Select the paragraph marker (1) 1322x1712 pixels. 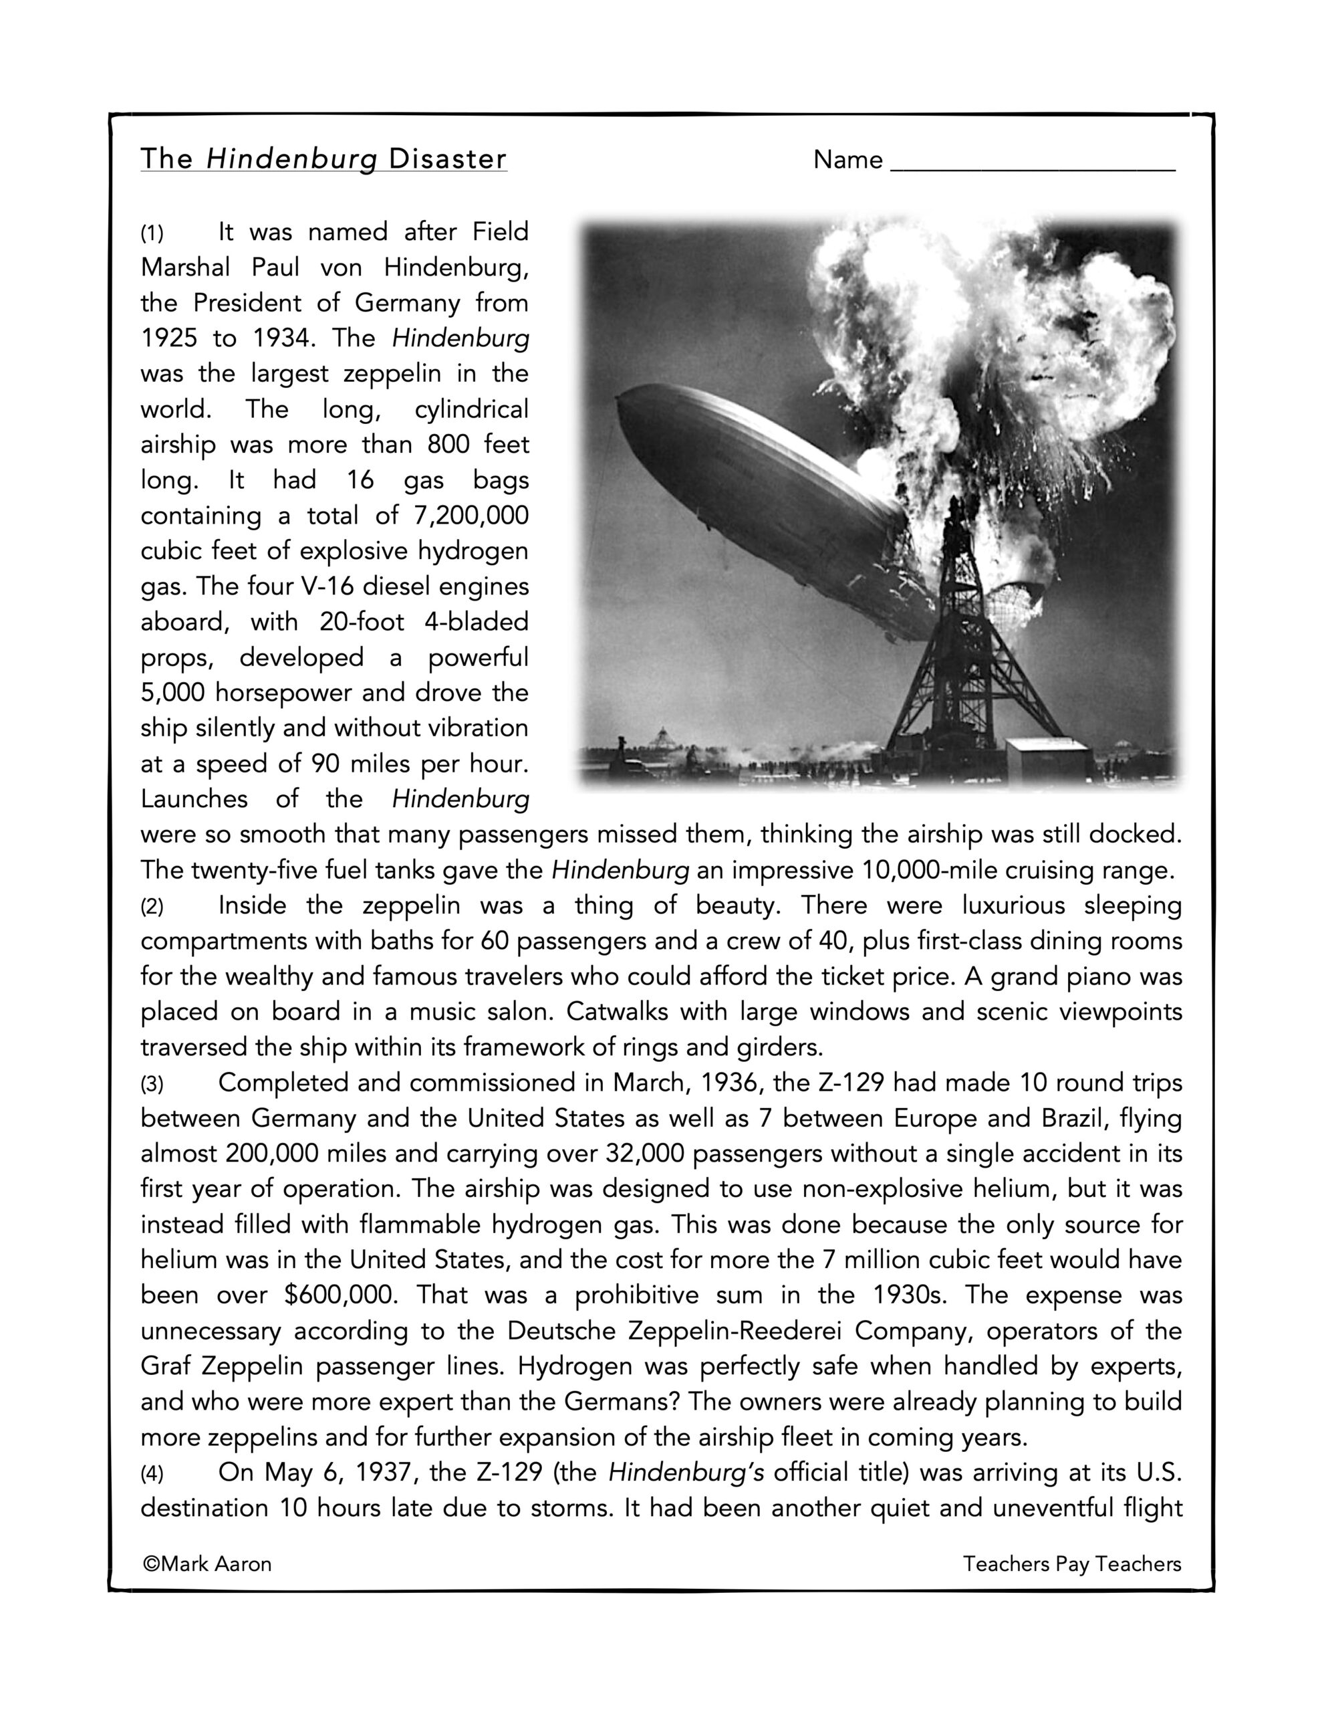(x=152, y=233)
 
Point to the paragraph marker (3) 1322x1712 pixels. (x=152, y=1085)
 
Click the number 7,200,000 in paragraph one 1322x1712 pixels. (x=469, y=516)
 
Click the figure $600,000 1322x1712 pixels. (x=341, y=1295)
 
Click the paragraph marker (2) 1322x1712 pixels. (x=152, y=907)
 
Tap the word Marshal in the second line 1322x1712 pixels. (x=185, y=268)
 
